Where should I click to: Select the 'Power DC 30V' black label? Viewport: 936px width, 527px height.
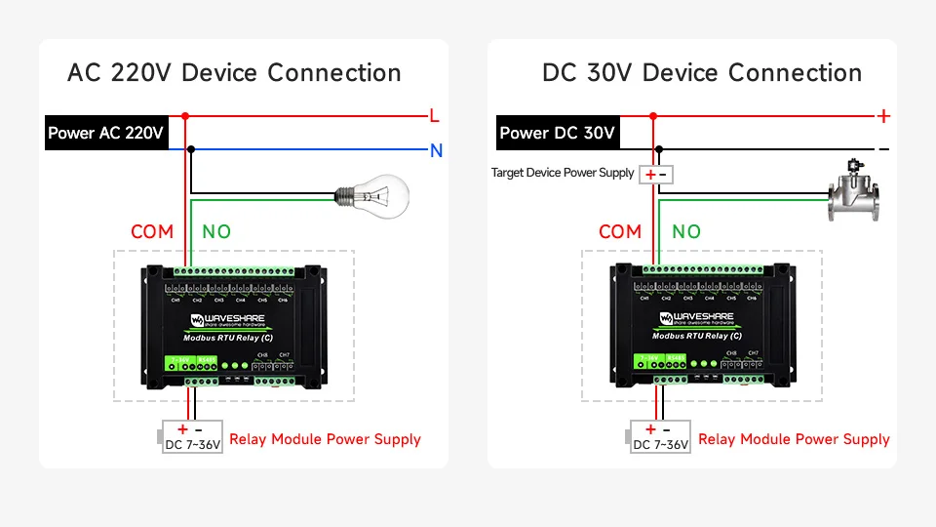[557, 133]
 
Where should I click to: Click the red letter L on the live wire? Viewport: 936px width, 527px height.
[435, 115]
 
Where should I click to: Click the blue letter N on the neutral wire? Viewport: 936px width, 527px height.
[436, 150]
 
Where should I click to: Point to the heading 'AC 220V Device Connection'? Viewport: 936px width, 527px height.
[234, 73]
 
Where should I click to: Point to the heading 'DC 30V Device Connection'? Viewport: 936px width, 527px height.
[702, 73]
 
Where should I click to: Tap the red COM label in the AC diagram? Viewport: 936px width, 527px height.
[152, 231]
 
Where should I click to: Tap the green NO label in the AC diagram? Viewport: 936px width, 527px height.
[215, 231]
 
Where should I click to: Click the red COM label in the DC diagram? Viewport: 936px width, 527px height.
[620, 231]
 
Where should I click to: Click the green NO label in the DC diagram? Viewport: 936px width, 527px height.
[686, 231]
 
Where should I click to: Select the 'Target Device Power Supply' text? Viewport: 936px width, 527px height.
[563, 173]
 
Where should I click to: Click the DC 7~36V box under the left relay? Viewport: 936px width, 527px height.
[193, 437]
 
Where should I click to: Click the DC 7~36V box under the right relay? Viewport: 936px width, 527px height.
[660, 437]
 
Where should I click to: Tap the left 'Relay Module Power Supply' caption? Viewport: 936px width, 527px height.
[325, 439]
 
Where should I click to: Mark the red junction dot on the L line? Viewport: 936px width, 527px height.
[185, 115]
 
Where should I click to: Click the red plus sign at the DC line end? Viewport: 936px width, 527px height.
[883, 116]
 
